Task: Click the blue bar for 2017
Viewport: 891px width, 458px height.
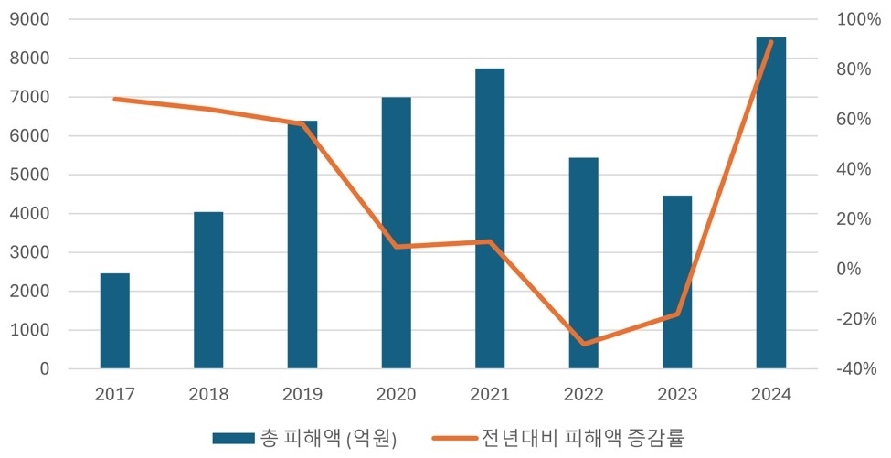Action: pos(115,321)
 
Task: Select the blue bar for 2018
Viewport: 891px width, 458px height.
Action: pos(208,291)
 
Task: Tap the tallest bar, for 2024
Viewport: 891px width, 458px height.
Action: pos(770,203)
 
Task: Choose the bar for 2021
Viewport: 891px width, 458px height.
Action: pos(490,218)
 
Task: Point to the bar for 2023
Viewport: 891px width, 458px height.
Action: pos(677,282)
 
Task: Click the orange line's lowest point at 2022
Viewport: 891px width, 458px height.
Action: pos(583,345)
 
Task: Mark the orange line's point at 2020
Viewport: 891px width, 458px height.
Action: pos(396,247)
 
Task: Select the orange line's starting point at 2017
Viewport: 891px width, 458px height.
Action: pos(115,99)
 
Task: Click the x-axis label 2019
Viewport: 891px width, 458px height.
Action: pos(302,395)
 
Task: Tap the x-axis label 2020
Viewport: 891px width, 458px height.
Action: pos(396,395)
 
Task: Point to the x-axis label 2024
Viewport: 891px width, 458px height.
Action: pos(770,395)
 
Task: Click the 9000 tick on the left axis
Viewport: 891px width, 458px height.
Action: pos(32,20)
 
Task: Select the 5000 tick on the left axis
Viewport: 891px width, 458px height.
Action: pos(32,176)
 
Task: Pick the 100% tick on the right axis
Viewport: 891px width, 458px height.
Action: pos(856,20)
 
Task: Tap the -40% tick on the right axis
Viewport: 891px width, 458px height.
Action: pos(856,369)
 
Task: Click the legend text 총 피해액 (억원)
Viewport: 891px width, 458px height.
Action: pos(327,438)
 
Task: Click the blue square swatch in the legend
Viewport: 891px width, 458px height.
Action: pos(233,438)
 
